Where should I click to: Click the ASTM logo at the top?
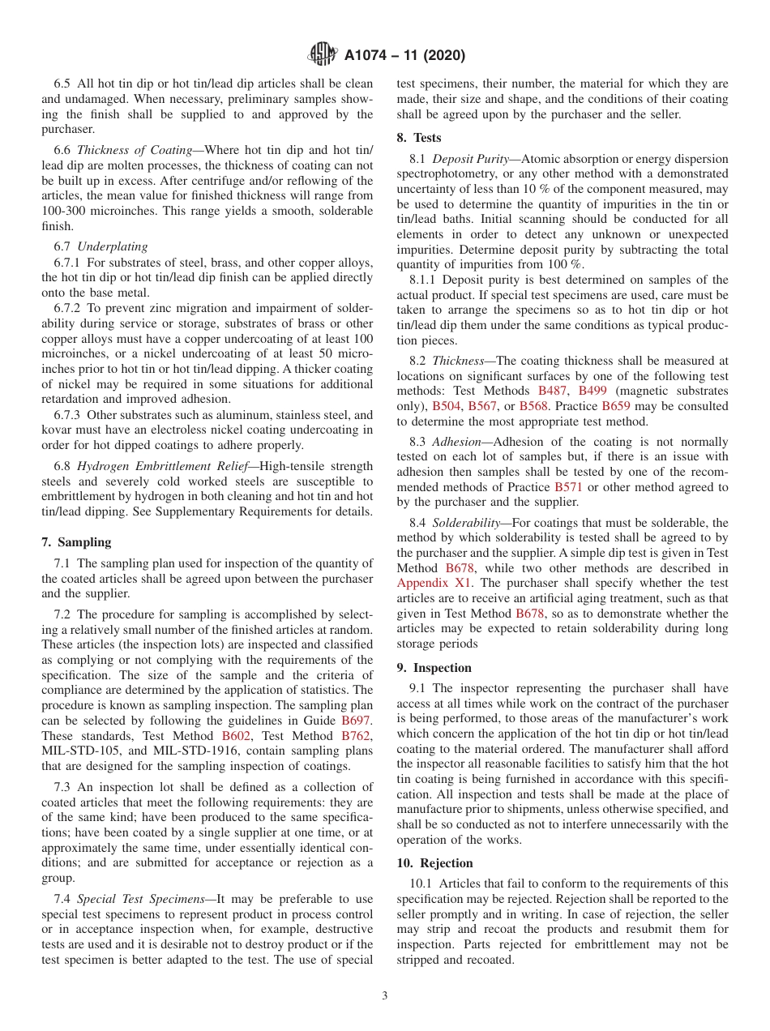tap(323, 55)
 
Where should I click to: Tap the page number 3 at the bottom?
tap(385, 996)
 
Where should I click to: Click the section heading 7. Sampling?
tap(76, 542)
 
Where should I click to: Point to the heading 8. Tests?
tap(419, 138)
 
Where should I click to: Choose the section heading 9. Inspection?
tap(434, 668)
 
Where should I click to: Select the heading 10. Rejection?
tap(434, 863)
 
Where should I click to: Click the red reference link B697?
tap(357, 720)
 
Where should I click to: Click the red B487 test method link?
tap(554, 391)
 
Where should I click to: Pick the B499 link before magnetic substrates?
tap(593, 391)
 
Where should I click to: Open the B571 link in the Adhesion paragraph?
tap(569, 487)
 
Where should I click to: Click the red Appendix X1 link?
tap(430, 584)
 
